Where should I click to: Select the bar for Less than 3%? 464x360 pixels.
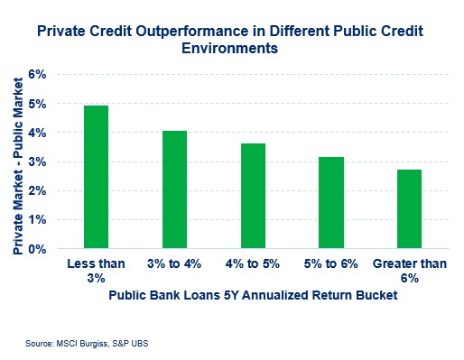coord(96,177)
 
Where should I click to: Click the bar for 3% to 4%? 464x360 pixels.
coord(174,189)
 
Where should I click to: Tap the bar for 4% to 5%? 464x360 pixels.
coord(252,196)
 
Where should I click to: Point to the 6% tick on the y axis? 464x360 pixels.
coord(47,75)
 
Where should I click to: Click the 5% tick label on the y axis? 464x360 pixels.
coord(47,104)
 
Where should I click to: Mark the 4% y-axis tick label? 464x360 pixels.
coord(47,133)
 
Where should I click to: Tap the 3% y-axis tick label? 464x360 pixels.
coord(47,162)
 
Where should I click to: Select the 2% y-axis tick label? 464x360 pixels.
coord(47,190)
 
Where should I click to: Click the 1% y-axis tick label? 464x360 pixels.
coord(47,219)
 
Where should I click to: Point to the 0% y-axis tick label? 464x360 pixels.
coord(47,248)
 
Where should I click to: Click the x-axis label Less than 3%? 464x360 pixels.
coord(96,269)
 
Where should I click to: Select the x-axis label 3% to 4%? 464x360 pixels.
coord(174,263)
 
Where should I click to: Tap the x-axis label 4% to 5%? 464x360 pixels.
coord(252,263)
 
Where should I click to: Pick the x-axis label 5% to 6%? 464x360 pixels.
coord(330,263)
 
